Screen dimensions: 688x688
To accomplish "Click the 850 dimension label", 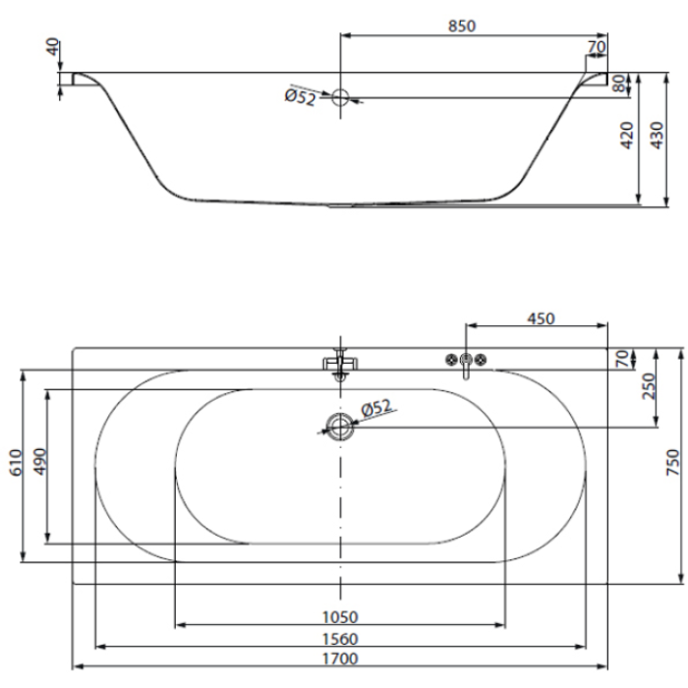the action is tap(462, 27).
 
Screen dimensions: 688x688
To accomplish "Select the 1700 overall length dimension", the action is tap(340, 659).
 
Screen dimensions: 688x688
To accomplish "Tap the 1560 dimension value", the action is tap(340, 639).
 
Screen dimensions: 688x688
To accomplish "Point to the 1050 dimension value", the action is tap(340, 617).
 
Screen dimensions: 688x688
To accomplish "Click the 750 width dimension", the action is tap(673, 462).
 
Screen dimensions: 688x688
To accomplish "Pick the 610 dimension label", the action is tap(16, 463).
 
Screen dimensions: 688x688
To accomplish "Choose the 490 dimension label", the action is tap(40, 462).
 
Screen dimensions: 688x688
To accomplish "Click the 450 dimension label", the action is tap(541, 318).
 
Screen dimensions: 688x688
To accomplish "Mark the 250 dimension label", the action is tap(649, 386).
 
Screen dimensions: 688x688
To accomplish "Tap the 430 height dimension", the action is tap(657, 136).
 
